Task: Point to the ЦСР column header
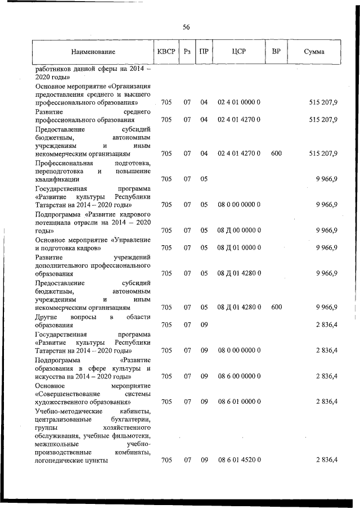coord(238,52)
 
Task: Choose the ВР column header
coord(276,52)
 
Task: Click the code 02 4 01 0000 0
coord(238,102)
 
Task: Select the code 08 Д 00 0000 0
coord(238,231)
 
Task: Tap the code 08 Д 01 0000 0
coord(238,247)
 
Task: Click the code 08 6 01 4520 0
coord(238,460)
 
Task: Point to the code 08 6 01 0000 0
coord(238,402)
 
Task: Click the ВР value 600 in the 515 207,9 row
coord(276,153)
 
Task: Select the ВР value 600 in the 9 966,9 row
coord(276,307)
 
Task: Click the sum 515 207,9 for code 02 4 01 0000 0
coord(323,102)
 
